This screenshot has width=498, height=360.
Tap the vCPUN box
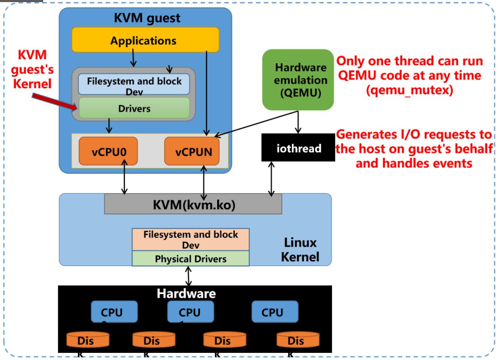pyautogui.click(x=192, y=151)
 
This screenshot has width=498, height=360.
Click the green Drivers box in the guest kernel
pyautogui.click(x=134, y=108)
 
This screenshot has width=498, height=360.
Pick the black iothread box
pyautogui.click(x=298, y=148)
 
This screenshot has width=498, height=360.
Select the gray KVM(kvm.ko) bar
pyautogui.click(x=193, y=204)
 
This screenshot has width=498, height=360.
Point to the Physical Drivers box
pyautogui.click(x=191, y=258)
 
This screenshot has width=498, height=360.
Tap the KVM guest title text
pyautogui.click(x=147, y=18)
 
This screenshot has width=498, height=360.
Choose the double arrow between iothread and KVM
pyautogui.click(x=271, y=179)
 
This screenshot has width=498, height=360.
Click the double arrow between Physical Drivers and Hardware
pyautogui.click(x=189, y=276)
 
